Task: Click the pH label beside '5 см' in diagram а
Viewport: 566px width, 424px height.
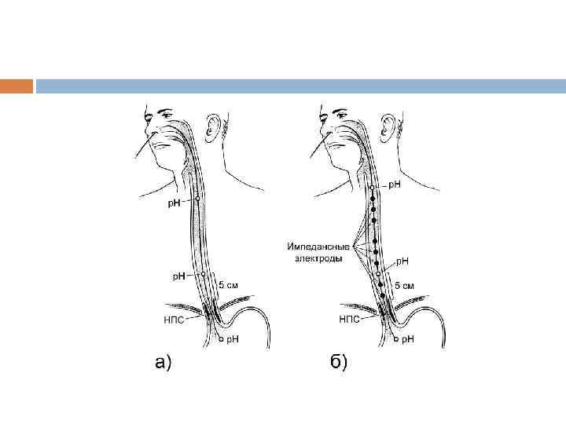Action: tap(179, 276)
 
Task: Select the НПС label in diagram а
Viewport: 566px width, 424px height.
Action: tap(175, 320)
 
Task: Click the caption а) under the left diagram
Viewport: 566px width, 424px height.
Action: tap(162, 362)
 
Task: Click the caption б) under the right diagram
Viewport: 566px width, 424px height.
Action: tap(338, 362)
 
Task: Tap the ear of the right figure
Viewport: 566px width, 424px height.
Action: tap(387, 128)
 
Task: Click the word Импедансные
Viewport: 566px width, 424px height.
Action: tap(318, 247)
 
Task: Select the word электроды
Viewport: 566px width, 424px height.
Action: tap(314, 258)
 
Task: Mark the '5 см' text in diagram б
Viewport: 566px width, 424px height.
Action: tap(403, 286)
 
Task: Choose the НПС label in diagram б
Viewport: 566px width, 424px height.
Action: tap(350, 320)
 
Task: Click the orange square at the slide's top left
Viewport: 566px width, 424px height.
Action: tap(17, 86)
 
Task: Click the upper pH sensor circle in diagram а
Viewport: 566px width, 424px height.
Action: tap(197, 199)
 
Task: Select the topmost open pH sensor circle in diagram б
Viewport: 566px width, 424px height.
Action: tap(371, 189)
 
